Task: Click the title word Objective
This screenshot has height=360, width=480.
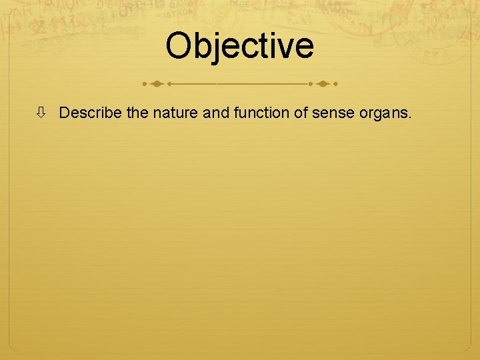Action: (240, 45)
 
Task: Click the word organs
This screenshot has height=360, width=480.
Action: (382, 115)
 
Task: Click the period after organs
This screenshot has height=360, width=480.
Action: (411, 118)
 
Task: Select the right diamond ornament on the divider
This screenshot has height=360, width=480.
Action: (323, 85)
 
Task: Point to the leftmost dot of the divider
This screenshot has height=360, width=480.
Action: (145, 85)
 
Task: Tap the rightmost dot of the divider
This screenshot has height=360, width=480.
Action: (335, 85)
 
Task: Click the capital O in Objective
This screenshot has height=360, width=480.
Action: (180, 45)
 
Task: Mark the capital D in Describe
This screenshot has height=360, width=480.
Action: (64, 113)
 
